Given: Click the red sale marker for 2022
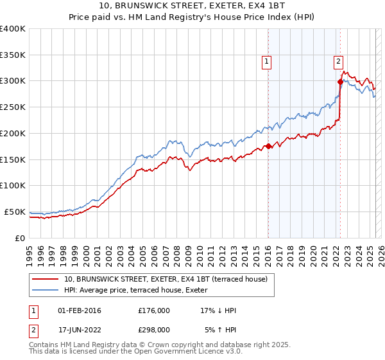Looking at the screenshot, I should (340, 82).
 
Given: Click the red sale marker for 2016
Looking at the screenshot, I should (268, 146).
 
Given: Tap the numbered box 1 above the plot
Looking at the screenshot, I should (266, 62).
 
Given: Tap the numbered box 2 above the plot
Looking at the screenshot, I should (338, 62).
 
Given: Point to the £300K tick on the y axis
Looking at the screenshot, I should (13, 81).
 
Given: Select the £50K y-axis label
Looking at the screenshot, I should (15, 212).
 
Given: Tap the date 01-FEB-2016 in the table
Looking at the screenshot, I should (80, 310).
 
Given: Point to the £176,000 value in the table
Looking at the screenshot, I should (154, 310).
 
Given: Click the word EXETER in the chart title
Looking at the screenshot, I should (210, 6).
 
